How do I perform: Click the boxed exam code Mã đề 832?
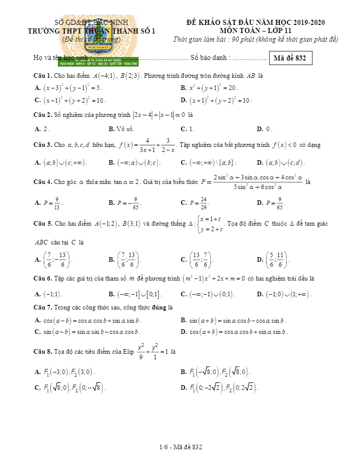[289, 58]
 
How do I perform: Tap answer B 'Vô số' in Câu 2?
[121, 129]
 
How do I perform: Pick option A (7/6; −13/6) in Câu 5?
[54, 260]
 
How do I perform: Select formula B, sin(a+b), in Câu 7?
[234, 321]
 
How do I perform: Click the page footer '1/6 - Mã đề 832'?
[180, 447]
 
